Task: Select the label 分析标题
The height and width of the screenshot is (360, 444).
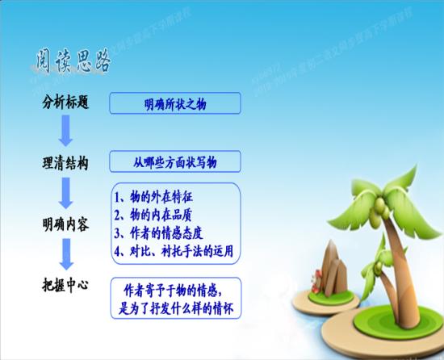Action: click(65, 103)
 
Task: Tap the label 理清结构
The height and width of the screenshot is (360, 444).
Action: click(65, 162)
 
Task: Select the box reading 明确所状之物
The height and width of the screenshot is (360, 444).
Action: click(175, 103)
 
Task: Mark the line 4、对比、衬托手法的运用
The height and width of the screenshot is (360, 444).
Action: click(174, 251)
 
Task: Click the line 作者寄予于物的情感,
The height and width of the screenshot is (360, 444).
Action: click(178, 289)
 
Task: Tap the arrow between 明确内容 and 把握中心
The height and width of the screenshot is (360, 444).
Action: click(67, 254)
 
